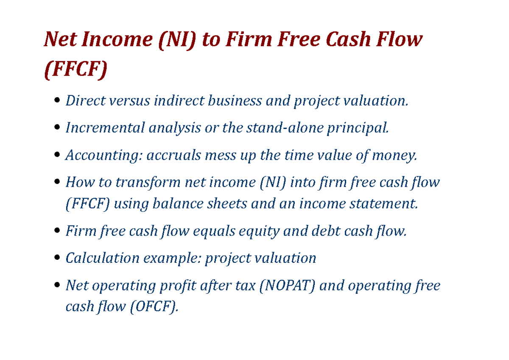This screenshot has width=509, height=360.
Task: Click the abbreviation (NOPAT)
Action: (x=285, y=285)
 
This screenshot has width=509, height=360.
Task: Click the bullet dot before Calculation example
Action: (x=57, y=259)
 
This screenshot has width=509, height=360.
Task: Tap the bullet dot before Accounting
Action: (x=57, y=156)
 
